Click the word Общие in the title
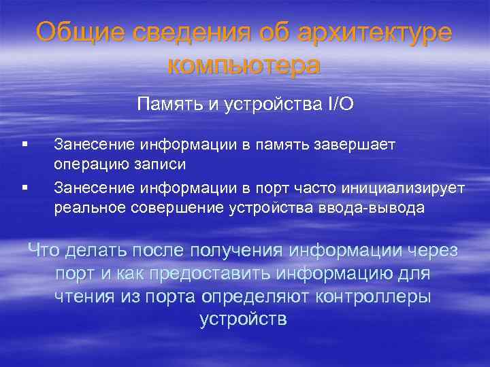click(74, 33)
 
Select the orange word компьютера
click(244, 65)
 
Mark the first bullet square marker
click(24, 144)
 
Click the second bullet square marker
click(24, 184)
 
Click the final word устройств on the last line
click(244, 319)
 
